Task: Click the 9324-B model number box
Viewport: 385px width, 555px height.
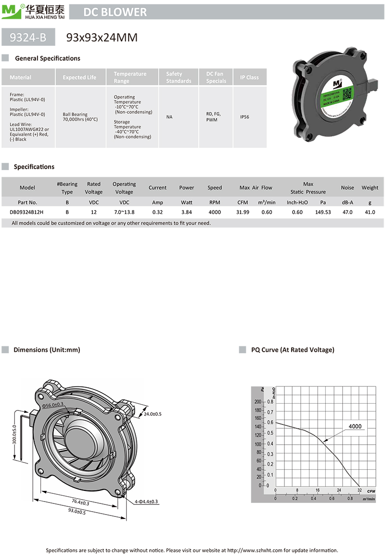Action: coord(29,37)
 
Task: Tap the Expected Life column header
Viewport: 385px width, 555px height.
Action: coord(79,77)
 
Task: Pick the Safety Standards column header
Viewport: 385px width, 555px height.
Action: coord(179,77)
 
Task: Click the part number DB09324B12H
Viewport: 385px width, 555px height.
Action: coord(27,212)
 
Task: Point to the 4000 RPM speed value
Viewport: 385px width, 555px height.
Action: coord(215,212)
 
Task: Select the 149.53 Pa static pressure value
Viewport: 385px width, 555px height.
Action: coord(323,212)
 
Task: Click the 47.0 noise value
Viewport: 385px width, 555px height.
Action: coord(347,212)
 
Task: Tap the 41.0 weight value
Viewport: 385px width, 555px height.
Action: coord(370,212)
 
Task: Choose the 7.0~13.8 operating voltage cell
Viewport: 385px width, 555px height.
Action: coord(124,212)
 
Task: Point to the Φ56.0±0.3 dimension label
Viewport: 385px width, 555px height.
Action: coord(52,405)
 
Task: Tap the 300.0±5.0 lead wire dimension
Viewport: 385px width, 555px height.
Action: coord(14,435)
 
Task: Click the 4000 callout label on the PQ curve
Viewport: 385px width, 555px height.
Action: coord(355,426)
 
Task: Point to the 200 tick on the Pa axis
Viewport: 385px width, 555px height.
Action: coord(257,401)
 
